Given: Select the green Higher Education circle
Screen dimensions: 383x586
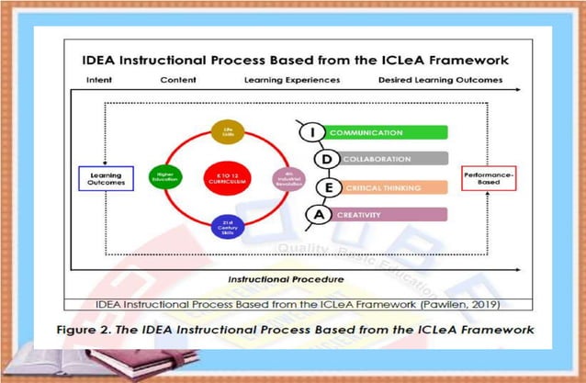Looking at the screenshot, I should pyautogui.click(x=166, y=175).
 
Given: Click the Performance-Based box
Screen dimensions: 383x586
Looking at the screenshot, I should pyautogui.click(x=490, y=176).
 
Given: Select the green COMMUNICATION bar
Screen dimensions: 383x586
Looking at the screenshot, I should pyautogui.click(x=387, y=133).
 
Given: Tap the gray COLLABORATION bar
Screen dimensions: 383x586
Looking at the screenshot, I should pyautogui.click(x=387, y=160).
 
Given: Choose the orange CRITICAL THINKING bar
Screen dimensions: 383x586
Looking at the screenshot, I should pyautogui.click(x=387, y=188).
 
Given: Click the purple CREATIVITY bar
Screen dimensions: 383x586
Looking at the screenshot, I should pyautogui.click(x=387, y=215).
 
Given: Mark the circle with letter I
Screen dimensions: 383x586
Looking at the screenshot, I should pyautogui.click(x=313, y=133).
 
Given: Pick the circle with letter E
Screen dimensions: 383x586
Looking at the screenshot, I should pyautogui.click(x=326, y=187).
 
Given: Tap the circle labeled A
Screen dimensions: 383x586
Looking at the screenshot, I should pyautogui.click(x=320, y=215).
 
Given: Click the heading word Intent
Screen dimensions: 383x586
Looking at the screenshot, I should pyautogui.click(x=98, y=80).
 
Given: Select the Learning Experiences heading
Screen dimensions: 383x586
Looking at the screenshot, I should pyautogui.click(x=291, y=80).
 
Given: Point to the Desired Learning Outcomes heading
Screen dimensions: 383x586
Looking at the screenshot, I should pyautogui.click(x=440, y=80).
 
